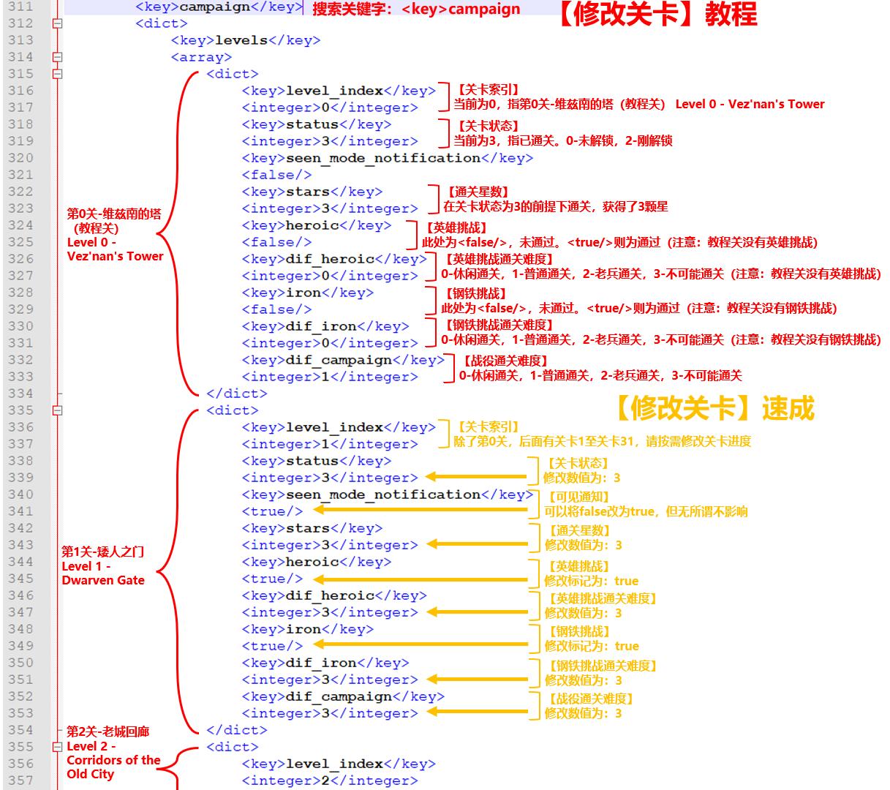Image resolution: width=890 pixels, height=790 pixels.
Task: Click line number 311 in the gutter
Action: coord(21,7)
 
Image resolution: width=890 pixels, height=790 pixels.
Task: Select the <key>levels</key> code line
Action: coord(246,40)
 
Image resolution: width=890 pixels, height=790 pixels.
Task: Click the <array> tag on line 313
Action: coord(201,57)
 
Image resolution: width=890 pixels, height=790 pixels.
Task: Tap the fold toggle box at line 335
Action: coord(57,410)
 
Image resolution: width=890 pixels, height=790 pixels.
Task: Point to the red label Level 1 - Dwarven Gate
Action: coord(103,573)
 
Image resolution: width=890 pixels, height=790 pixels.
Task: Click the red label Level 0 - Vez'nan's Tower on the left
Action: coord(115,249)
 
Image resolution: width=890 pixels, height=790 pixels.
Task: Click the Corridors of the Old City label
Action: coord(113,767)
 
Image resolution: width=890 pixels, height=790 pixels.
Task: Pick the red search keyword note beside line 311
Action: coord(416,10)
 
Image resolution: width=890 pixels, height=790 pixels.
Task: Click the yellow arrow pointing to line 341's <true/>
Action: coord(420,510)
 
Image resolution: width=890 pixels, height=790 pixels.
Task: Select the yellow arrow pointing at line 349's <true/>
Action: coord(420,644)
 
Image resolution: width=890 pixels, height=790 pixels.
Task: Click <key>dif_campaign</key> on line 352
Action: coord(343,696)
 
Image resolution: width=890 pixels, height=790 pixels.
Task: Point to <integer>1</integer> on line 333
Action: coord(330,377)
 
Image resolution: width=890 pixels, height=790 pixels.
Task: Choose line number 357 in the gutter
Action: coord(21,780)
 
